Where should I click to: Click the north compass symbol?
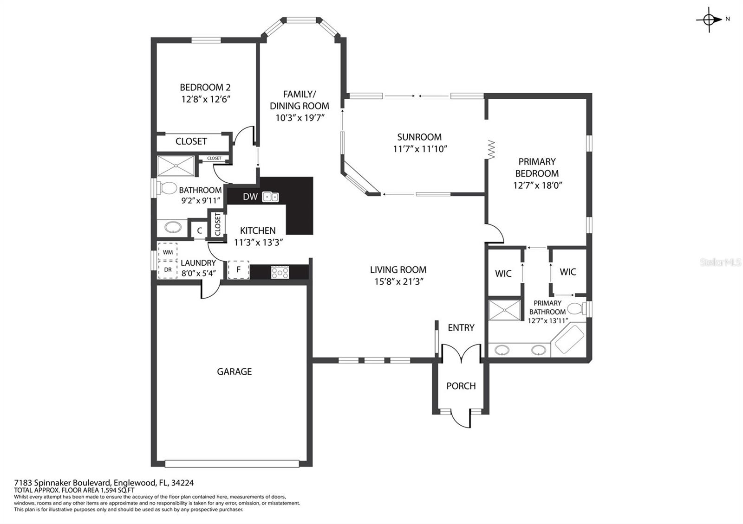[709, 19]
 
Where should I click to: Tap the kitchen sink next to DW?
[270, 197]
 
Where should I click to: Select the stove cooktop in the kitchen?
[280, 272]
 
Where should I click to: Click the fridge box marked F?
[238, 269]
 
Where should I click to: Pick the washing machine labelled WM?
[168, 252]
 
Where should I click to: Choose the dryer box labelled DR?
[168, 269]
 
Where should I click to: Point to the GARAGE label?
[234, 371]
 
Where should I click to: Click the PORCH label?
[461, 386]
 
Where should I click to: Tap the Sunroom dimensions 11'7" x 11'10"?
[420, 149]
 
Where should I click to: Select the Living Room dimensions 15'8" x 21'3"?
[399, 281]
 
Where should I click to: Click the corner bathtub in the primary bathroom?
[569, 339]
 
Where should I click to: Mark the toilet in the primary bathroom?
[576, 309]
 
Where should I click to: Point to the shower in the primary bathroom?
[504, 310]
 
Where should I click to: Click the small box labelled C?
[199, 230]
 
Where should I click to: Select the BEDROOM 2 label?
[205, 88]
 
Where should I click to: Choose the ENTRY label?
[461, 327]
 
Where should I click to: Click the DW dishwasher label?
[250, 197]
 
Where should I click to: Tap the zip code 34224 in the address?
[182, 483]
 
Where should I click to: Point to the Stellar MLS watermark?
[721, 262]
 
